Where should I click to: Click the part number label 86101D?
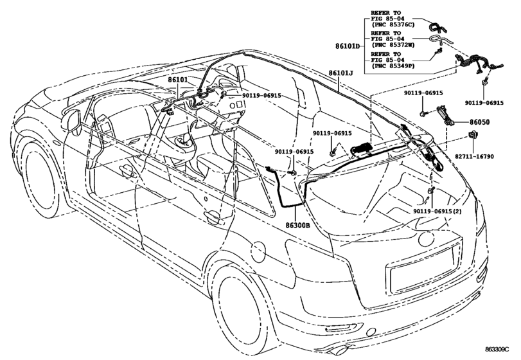tap(347, 46)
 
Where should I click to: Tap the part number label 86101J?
tap(340, 73)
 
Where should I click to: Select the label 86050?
tap(479, 122)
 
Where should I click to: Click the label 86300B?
tap(297, 226)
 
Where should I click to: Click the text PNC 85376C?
tap(393, 24)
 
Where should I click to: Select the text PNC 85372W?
tap(393, 45)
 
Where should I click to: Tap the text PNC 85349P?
tap(393, 66)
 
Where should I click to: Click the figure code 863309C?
tap(497, 349)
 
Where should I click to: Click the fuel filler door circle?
tap(258, 252)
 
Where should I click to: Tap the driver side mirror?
tap(71, 122)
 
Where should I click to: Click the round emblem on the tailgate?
tap(427, 239)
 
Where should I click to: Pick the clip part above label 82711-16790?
tap(472, 135)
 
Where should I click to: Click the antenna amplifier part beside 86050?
tap(445, 114)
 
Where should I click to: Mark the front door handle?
tap(128, 170)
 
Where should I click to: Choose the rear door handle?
tap(213, 217)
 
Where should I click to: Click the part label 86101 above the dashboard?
tap(177, 80)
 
